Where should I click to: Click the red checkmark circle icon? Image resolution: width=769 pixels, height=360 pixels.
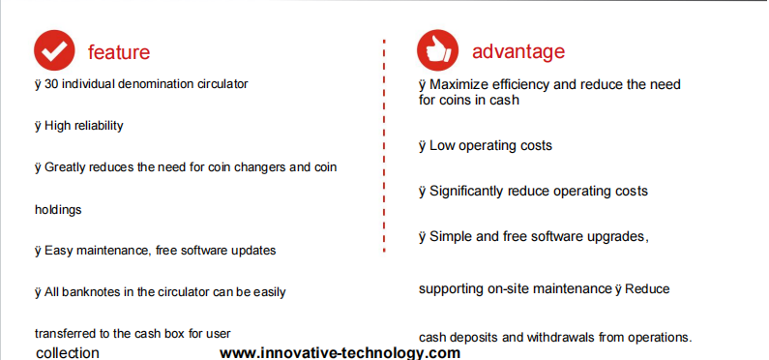54,50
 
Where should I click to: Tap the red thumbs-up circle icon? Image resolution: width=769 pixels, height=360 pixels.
437,50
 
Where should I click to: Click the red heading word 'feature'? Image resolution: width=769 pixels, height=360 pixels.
119,52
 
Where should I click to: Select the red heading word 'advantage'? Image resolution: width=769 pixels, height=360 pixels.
518,51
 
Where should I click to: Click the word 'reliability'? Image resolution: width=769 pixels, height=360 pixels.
101,126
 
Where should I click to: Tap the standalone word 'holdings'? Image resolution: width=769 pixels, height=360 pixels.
58,210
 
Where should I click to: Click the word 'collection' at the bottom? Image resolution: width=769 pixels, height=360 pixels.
68,353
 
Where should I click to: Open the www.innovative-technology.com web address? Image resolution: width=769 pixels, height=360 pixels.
340,353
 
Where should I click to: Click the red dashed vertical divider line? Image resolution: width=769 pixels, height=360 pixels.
384,146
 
